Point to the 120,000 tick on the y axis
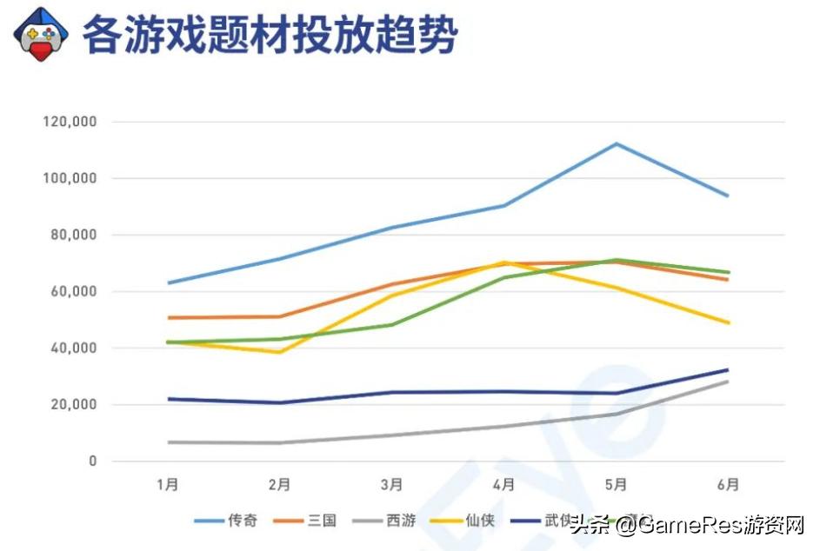tap(70, 122)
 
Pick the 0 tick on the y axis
tap(92, 461)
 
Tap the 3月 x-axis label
tap(391, 484)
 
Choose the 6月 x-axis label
tap(729, 484)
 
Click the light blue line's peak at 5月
tap(616, 143)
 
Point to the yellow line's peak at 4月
tap(503, 262)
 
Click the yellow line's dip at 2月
tap(279, 352)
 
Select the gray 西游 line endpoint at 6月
tap(728, 382)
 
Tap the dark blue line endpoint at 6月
tap(728, 369)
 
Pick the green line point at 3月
tap(391, 325)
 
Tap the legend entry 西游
tap(400, 521)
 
